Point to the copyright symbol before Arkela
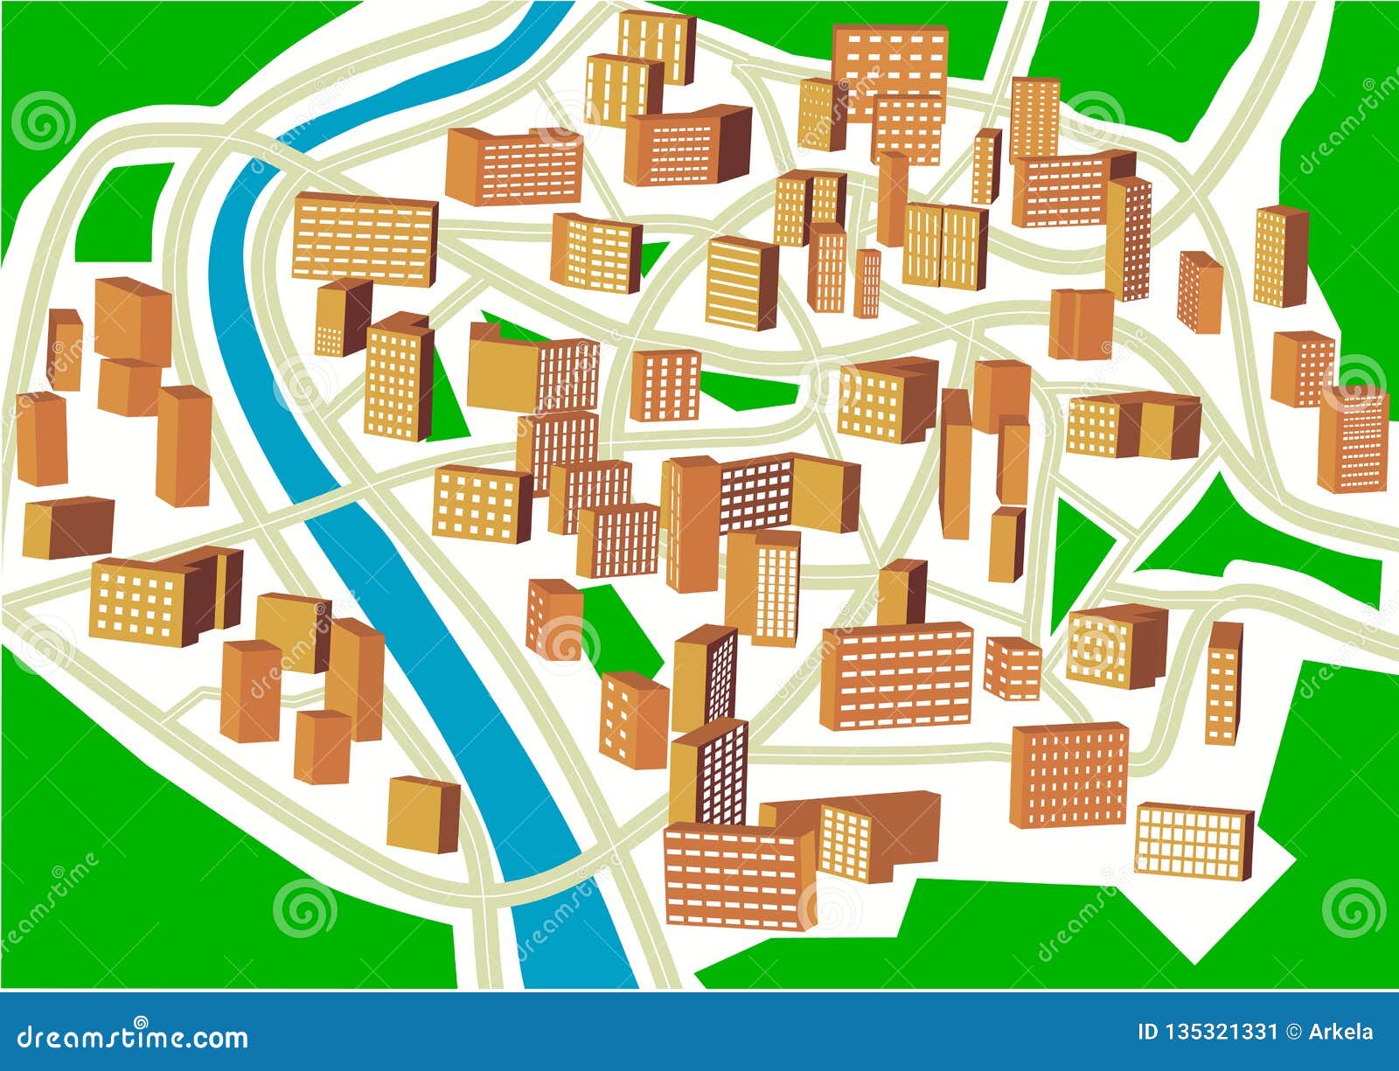click(1294, 1032)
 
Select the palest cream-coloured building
click(1194, 839)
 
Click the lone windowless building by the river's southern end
click(422, 813)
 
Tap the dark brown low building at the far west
click(68, 526)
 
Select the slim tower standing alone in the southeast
click(1223, 682)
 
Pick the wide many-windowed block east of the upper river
click(364, 239)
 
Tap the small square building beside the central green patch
click(665, 385)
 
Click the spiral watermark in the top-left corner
click(44, 120)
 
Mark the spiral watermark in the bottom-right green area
click(1354, 908)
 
